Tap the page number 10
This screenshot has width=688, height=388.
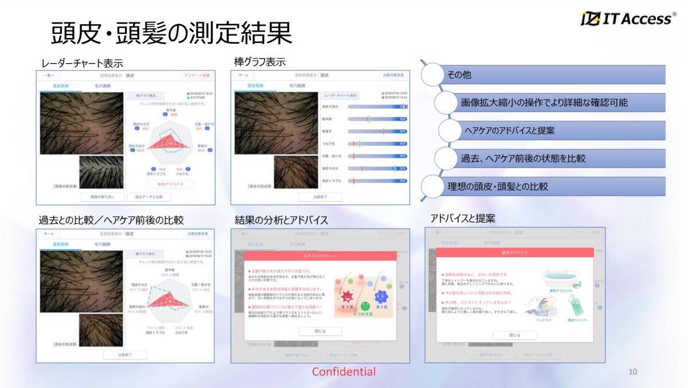tap(633, 371)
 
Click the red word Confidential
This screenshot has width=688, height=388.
tap(343, 371)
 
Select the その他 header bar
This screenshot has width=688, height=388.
tap(550, 75)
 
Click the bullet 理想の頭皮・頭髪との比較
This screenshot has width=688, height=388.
tap(497, 186)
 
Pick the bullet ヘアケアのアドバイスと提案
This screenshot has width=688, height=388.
tap(509, 130)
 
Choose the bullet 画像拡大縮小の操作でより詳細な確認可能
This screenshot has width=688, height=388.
tap(544, 103)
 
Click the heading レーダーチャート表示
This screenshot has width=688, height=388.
tap(82, 63)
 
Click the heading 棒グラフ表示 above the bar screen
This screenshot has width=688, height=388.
tap(260, 61)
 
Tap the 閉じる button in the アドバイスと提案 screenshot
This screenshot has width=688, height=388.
tap(515, 335)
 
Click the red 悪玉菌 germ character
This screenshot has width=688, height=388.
tap(347, 297)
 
